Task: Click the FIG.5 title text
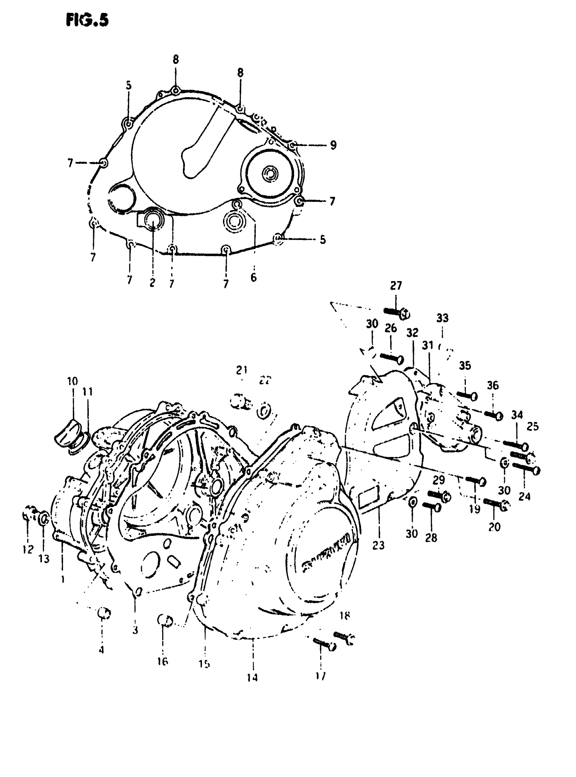[x=87, y=21]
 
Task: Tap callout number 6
[x=253, y=277]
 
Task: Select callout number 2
[x=152, y=282]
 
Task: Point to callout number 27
[x=396, y=286]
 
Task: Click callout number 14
[x=252, y=677]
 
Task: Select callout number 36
[x=493, y=385]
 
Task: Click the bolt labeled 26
[x=391, y=358]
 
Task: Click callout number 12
[x=27, y=549]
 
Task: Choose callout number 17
[x=321, y=676]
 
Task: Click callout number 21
[x=242, y=370]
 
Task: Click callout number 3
[x=135, y=630]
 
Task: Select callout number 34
[x=517, y=415]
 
